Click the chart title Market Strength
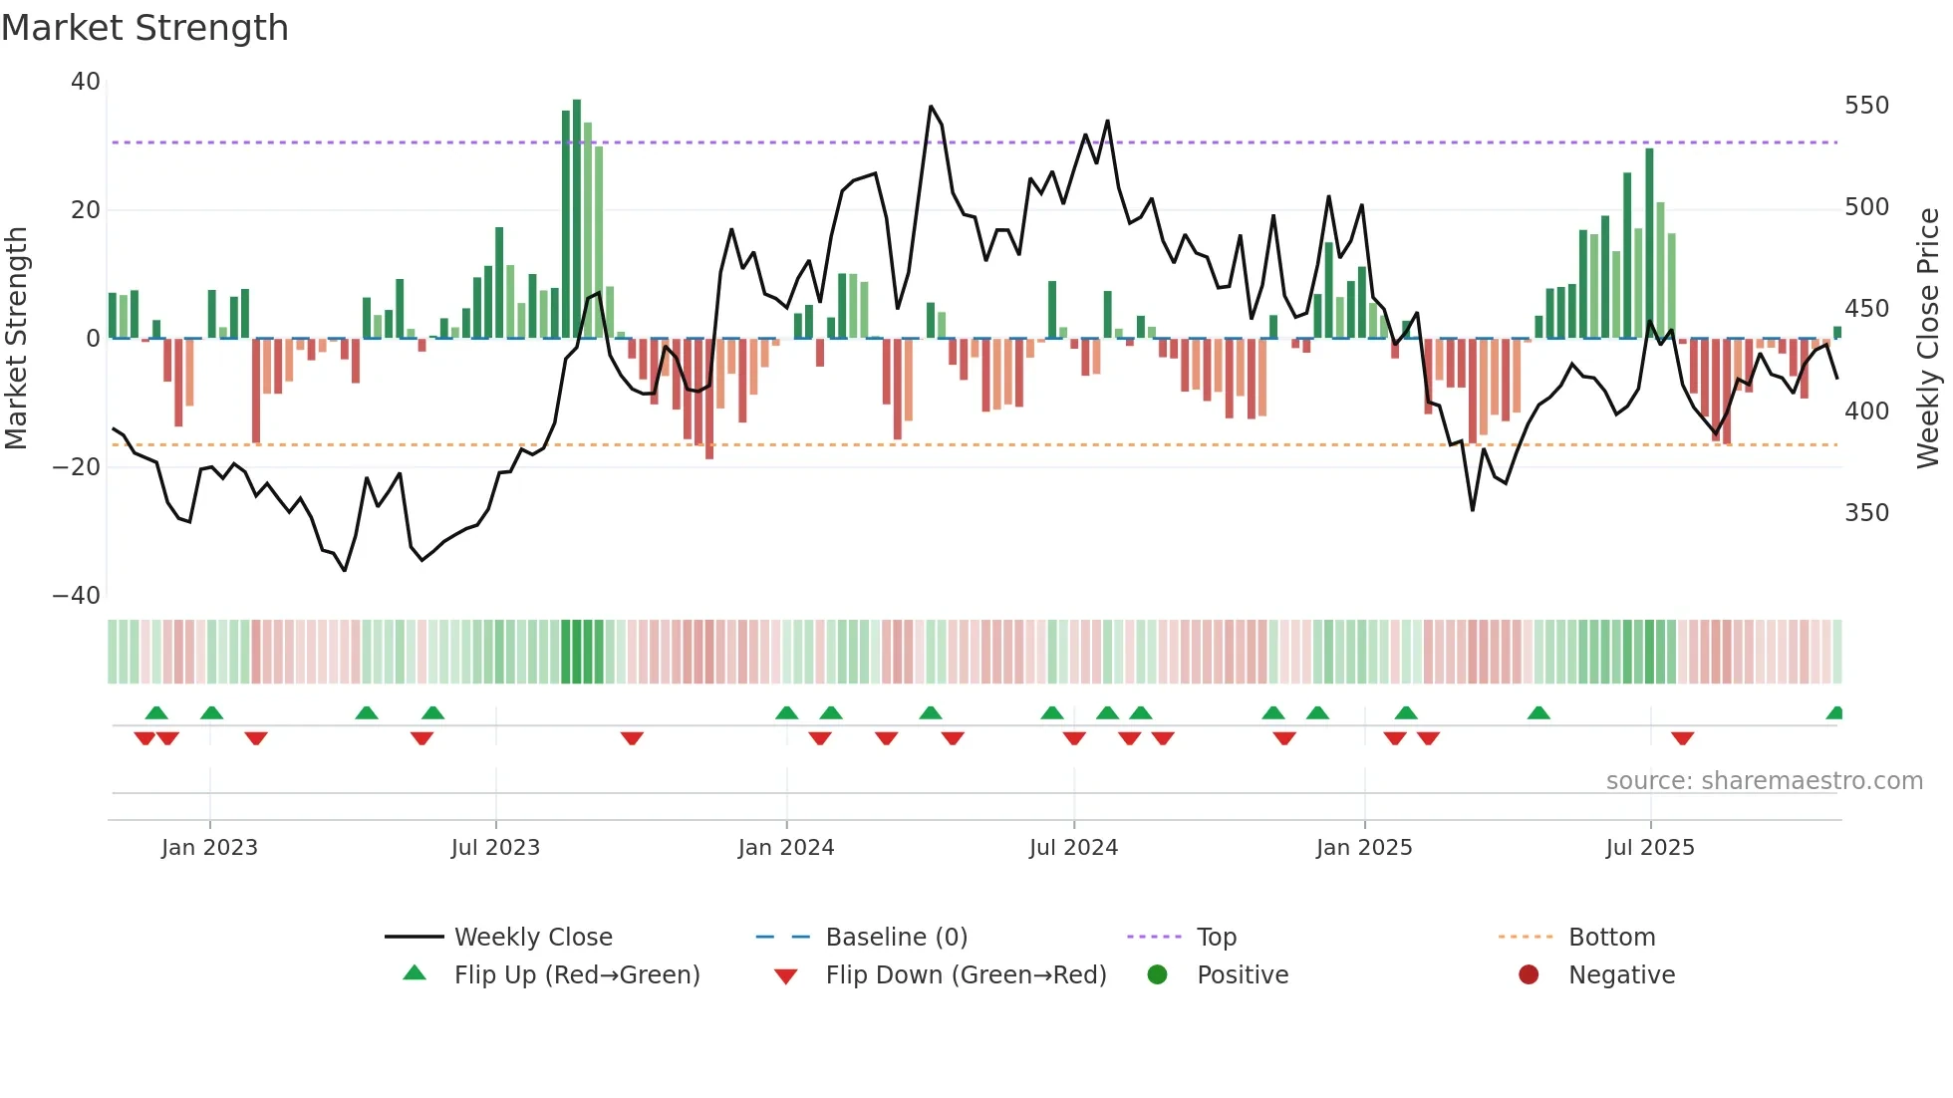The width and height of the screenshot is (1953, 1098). click(144, 28)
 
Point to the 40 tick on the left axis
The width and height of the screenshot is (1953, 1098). click(86, 82)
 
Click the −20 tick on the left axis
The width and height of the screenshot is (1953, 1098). click(77, 467)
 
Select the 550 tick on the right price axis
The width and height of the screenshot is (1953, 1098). click(1866, 106)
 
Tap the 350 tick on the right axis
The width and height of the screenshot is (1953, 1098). click(1866, 513)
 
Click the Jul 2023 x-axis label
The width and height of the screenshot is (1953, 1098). click(495, 848)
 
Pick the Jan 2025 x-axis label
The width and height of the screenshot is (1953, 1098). click(1364, 848)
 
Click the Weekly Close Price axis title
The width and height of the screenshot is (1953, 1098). click(1928, 339)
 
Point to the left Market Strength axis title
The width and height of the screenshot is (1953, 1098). click(17, 339)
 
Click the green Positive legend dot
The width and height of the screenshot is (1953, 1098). click(1157, 975)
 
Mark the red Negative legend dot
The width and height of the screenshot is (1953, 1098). click(1529, 975)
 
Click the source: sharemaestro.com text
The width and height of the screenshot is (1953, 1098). click(1764, 781)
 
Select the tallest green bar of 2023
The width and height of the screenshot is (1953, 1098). click(577, 219)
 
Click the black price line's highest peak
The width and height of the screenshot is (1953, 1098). click(931, 107)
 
